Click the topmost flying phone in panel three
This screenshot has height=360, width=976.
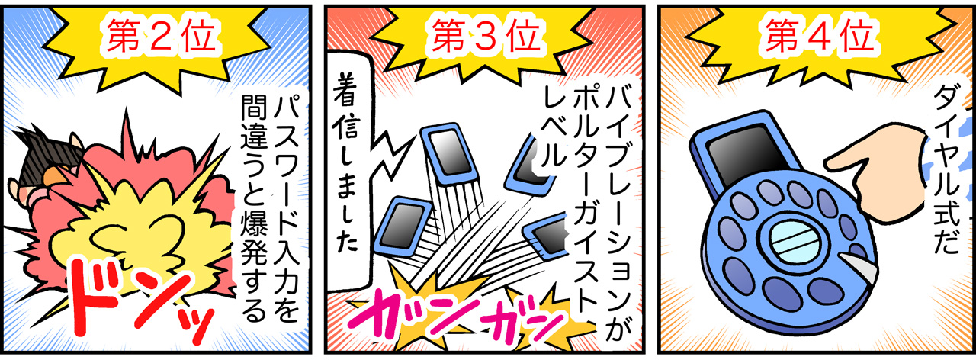pyautogui.click(x=450, y=155)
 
